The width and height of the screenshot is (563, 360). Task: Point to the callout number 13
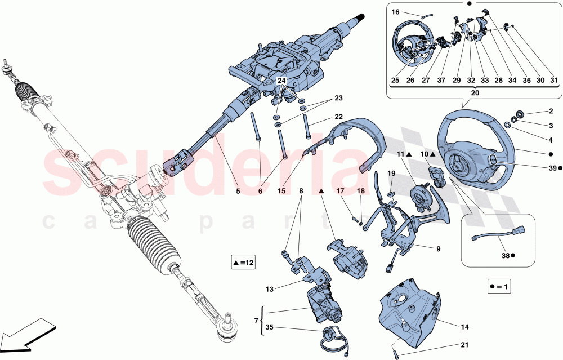[x=270, y=289]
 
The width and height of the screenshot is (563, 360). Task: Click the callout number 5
[x=238, y=192]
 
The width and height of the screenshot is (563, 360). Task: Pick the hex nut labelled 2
[x=520, y=115]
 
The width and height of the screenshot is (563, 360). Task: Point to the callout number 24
[x=281, y=81]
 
